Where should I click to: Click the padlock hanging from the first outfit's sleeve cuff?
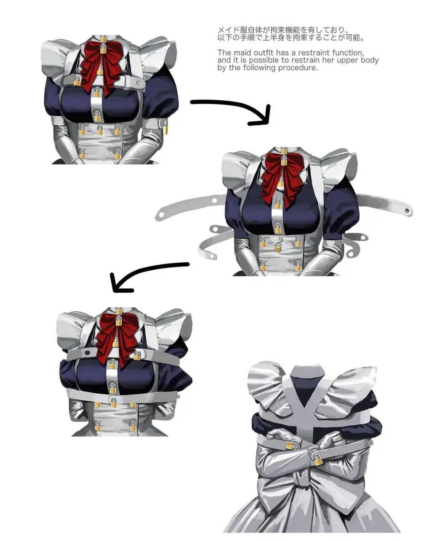[x=165, y=129]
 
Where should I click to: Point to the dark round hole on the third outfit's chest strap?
[x=87, y=353]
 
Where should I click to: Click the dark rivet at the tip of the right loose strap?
[x=407, y=211]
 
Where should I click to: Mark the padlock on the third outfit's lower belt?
[x=114, y=402]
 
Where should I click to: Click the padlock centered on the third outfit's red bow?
[x=119, y=321]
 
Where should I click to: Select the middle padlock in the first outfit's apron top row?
[x=100, y=130]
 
